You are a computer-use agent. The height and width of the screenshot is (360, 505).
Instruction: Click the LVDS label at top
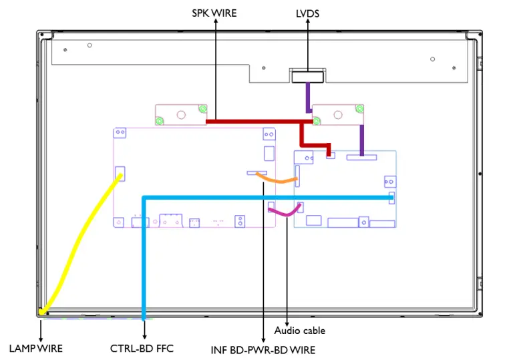point(307,13)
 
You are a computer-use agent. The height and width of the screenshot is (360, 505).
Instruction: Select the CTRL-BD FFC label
point(142,348)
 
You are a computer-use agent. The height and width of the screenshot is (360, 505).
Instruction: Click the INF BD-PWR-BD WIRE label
point(263,349)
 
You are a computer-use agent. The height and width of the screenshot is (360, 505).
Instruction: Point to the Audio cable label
point(299,330)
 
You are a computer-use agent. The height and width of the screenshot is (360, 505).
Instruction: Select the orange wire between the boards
point(277,180)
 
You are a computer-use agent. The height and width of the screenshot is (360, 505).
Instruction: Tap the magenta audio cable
point(283,213)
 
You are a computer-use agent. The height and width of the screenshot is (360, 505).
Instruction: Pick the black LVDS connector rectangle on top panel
point(307,77)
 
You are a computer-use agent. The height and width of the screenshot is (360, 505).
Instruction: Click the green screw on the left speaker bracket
point(160,121)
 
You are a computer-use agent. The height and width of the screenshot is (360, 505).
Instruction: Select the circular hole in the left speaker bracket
point(180,114)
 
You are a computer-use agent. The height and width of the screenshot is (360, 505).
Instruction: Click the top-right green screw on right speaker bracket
point(360,109)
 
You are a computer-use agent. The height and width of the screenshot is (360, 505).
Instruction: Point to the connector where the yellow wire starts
point(120,173)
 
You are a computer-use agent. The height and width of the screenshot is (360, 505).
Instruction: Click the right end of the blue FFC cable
point(391,198)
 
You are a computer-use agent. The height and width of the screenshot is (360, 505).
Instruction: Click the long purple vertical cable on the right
point(362,140)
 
